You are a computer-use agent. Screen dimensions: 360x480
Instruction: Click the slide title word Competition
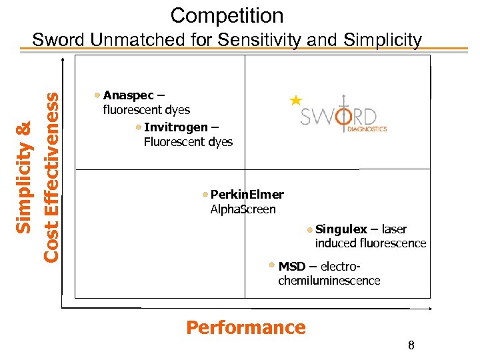(x=227, y=15)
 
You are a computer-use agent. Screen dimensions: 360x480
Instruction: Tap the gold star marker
(x=295, y=101)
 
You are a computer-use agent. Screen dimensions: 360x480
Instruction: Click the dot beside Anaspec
(x=98, y=95)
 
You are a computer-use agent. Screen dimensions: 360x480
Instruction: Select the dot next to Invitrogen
(x=138, y=127)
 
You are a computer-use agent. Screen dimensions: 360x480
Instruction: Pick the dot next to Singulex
(x=311, y=229)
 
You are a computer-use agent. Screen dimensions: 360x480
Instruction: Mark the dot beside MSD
(x=272, y=265)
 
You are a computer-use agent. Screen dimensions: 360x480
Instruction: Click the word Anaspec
(x=128, y=95)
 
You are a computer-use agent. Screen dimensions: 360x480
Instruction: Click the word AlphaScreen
(x=243, y=209)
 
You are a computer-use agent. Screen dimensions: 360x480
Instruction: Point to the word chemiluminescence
(x=329, y=281)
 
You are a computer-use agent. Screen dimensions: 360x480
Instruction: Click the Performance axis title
(x=245, y=327)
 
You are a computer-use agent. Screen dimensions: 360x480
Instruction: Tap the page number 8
(x=411, y=345)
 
